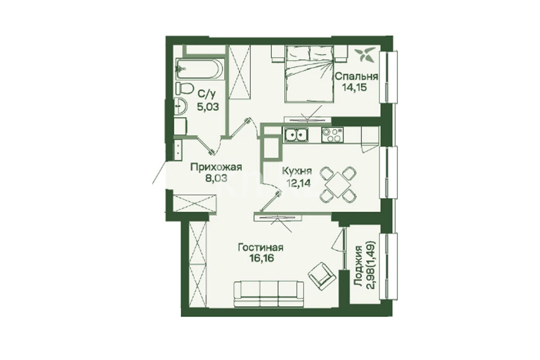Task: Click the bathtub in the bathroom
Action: [200, 69]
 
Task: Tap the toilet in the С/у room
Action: [184, 88]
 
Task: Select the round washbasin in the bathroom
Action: [180, 106]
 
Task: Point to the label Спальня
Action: [357, 76]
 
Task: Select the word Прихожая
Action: [216, 168]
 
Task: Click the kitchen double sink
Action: [296, 135]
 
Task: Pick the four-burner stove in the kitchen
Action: [332, 135]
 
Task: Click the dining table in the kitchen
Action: [338, 184]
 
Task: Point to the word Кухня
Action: [297, 171]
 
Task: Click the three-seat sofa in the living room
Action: [269, 293]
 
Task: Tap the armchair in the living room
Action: [322, 275]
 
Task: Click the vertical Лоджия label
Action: [359, 267]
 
